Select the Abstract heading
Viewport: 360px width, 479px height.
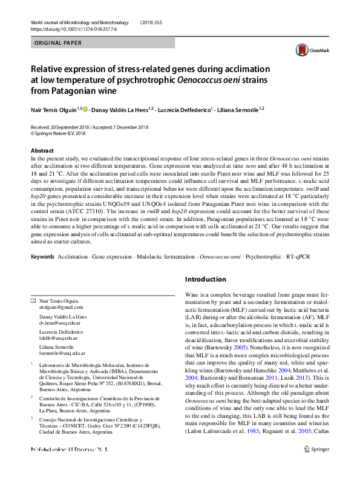42,150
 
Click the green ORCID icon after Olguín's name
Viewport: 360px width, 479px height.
85,110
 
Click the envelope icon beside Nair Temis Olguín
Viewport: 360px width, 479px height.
33,301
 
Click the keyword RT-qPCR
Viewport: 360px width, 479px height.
298,257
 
